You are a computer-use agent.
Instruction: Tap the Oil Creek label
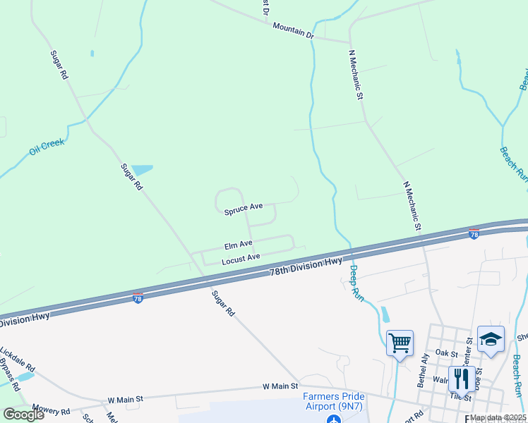point(47,147)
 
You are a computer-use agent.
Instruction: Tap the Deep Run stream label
point(355,280)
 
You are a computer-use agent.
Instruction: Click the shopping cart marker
point(400,343)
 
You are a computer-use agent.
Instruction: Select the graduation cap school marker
point(491,338)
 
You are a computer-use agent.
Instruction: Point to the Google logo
point(23,415)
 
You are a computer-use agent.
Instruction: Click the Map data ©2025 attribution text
point(498,417)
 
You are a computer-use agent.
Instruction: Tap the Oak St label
point(447,352)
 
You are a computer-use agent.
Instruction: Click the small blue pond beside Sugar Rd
point(142,170)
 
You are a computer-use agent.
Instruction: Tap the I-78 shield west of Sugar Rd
point(138,299)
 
